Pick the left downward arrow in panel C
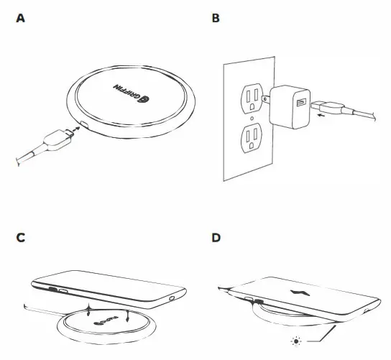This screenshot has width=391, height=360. pos(88,313)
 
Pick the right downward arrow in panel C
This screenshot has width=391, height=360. pos(126,315)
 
